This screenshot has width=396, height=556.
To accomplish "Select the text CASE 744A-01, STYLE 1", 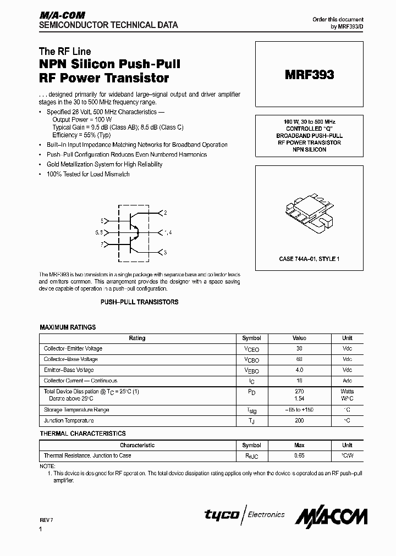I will tap(309, 258).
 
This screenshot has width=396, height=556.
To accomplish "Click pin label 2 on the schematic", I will tap(166, 212).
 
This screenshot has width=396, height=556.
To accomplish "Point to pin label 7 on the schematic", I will tap(102, 243).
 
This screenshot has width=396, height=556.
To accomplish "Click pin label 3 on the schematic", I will tap(166, 253).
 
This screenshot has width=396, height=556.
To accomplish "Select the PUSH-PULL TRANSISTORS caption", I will tap(139, 302).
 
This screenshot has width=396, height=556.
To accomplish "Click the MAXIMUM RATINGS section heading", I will tap(68, 327).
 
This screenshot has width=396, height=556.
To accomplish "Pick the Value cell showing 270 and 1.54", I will tap(299, 394).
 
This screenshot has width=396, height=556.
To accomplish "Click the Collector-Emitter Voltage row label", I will tap(73, 349).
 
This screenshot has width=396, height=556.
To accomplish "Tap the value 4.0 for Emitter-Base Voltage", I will tap(299, 370).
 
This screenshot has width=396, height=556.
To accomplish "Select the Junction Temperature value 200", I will tap(299, 421).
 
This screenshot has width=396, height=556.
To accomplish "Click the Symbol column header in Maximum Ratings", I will tap(251, 338).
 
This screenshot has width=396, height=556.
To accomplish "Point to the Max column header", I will tap(299, 446).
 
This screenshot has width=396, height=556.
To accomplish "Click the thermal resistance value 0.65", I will tap(299, 455).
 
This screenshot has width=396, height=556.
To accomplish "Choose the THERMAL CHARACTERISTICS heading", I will tap(82, 434).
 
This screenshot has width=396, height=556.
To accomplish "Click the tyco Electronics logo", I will tap(245, 515).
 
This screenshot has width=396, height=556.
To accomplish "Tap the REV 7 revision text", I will tap(47, 519).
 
